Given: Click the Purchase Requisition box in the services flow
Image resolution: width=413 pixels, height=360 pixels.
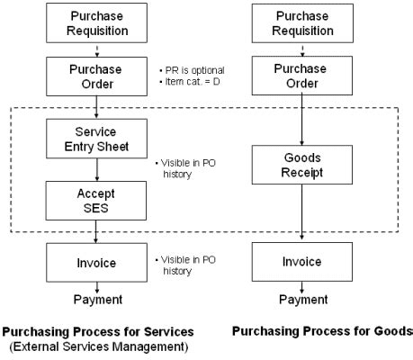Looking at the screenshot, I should coord(97,23).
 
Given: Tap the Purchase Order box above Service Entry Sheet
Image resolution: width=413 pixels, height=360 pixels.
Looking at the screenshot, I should coord(97,77).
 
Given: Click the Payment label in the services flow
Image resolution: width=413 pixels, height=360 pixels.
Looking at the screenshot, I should coord(97,300).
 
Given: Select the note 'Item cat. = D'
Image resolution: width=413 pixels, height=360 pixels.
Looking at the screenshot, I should coord(192,84).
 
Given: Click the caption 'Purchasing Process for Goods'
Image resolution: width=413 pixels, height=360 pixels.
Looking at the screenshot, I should coord(321,330).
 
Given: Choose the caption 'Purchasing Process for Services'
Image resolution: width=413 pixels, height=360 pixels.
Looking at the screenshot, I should coord(97,330).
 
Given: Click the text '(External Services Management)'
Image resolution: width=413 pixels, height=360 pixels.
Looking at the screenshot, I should coord(97,344).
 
